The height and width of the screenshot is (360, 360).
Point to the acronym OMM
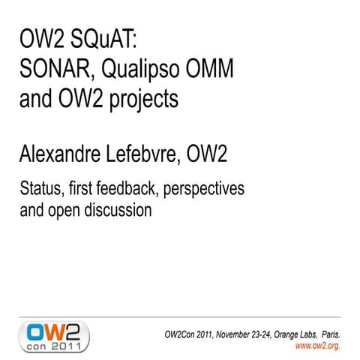coord(213,70)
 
